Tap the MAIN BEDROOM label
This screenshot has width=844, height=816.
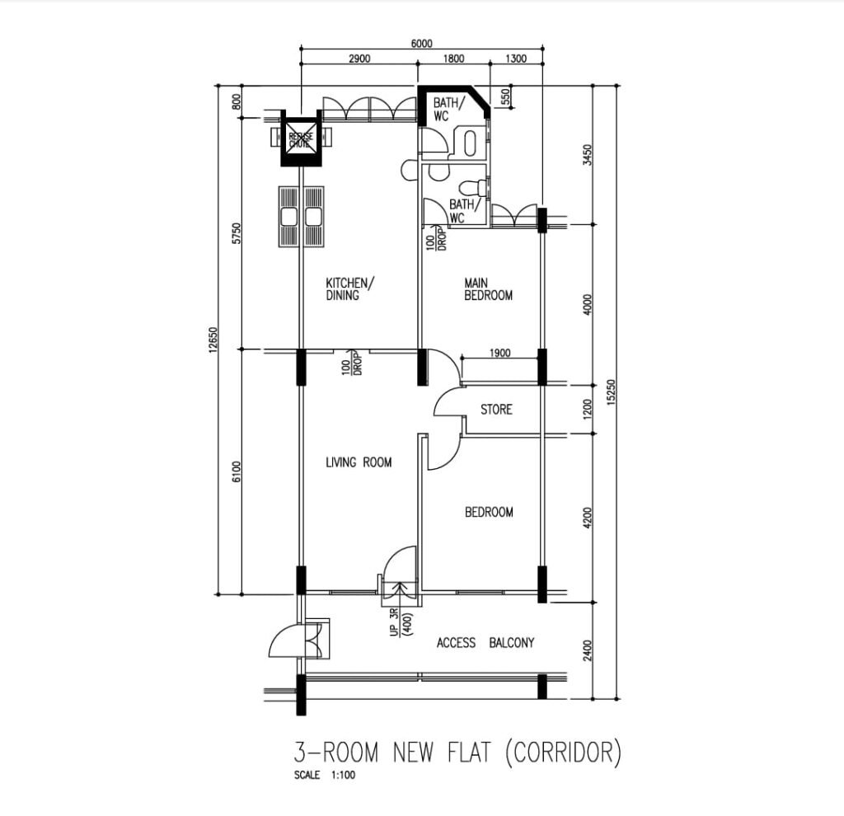[488, 289]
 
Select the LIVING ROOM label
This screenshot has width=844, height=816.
[359, 462]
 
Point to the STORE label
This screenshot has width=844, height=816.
[496, 410]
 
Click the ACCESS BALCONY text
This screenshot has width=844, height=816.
[485, 643]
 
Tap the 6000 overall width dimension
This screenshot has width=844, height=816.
[421, 44]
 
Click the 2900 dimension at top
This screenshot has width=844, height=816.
[359, 59]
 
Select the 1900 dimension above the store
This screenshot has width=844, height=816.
[500, 353]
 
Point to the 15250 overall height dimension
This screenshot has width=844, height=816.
[611, 392]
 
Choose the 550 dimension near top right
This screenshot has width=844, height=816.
[505, 97]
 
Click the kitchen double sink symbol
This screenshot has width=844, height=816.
[302, 217]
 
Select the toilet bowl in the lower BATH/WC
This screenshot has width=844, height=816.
[472, 187]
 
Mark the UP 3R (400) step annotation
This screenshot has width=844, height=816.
[401, 623]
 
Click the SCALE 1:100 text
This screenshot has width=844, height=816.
[325, 775]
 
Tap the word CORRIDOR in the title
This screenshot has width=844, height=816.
[564, 752]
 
